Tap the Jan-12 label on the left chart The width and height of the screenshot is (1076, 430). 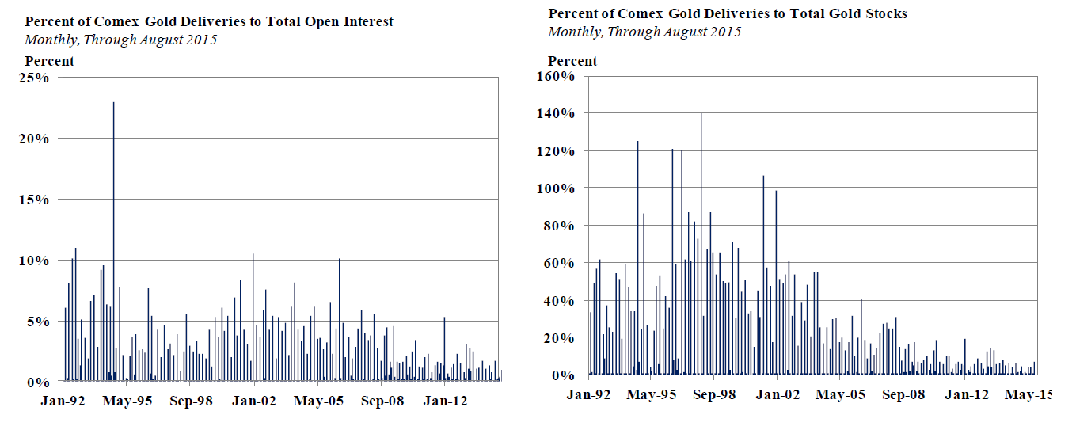tap(445, 401)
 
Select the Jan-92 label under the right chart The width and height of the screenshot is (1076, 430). tap(590, 394)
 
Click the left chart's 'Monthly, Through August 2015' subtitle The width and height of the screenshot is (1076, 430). tap(120, 40)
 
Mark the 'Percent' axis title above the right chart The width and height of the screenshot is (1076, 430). tap(572, 61)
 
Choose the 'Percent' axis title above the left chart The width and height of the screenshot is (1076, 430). tap(50, 61)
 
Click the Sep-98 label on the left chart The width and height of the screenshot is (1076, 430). tap(192, 401)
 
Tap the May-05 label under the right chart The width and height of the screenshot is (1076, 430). tap(839, 394)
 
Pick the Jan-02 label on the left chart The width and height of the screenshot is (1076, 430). tap(254, 401)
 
